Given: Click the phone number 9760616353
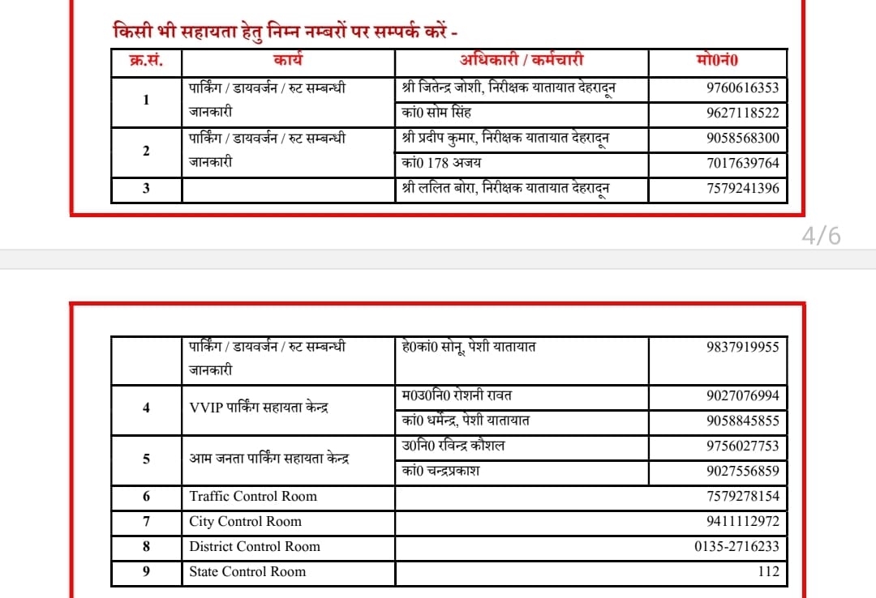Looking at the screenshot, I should pyautogui.click(x=742, y=88).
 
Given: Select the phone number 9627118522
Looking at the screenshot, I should pyautogui.click(x=742, y=113).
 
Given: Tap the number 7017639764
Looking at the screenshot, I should pyautogui.click(x=742, y=164).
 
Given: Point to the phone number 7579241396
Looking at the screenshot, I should pyautogui.click(x=742, y=189).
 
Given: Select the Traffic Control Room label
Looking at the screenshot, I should pyautogui.click(x=253, y=496).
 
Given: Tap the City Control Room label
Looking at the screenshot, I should pyautogui.click(x=245, y=521).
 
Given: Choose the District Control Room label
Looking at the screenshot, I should pyautogui.click(x=255, y=546).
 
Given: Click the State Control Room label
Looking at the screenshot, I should pyautogui.click(x=247, y=571).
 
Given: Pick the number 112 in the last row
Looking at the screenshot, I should pyautogui.click(x=767, y=571).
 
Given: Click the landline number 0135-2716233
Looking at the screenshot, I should pyautogui.click(x=736, y=546).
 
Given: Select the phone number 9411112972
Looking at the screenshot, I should pyautogui.click(x=742, y=521).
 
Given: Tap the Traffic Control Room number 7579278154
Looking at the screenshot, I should pyautogui.click(x=742, y=496).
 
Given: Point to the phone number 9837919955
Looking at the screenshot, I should pyautogui.click(x=742, y=347).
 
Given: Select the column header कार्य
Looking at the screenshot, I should pyautogui.click(x=288, y=60).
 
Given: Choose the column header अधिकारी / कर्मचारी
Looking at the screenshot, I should pyautogui.click(x=522, y=60).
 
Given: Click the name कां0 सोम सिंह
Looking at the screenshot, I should pyautogui.click(x=436, y=113).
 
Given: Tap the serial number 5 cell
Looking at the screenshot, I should pyautogui.click(x=146, y=459).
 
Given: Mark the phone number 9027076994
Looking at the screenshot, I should pyautogui.click(x=742, y=396).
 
